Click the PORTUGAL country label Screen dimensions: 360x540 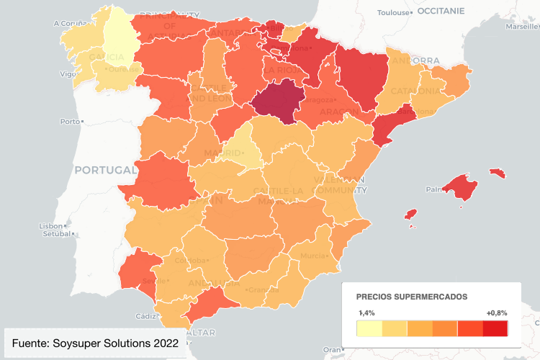point(105,170)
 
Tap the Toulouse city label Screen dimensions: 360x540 point(392,12)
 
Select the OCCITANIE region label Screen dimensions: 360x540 point(441,12)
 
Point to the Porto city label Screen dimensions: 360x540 point(70,121)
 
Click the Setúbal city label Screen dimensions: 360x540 point(52,233)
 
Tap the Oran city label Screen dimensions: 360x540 point(330,349)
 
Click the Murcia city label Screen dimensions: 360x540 point(312,256)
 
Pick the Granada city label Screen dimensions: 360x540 point(262,289)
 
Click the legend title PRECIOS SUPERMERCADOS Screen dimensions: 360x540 point(412,297)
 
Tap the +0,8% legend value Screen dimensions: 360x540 point(496,313)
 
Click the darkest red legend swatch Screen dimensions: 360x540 point(495,329)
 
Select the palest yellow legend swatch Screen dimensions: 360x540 point(369,329)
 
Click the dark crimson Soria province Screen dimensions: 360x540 point(279,101)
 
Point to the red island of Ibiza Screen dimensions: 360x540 point(411,215)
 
